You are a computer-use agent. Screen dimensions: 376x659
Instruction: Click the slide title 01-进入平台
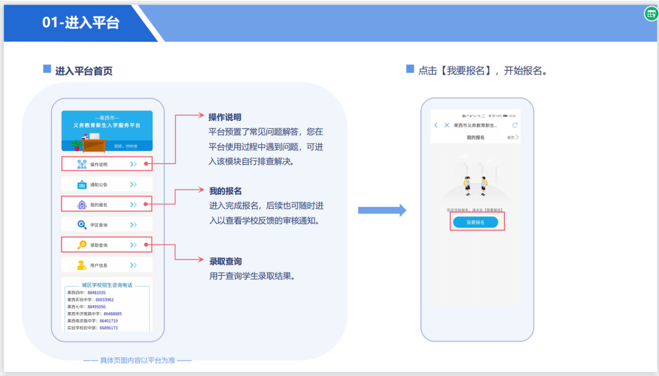click(x=81, y=23)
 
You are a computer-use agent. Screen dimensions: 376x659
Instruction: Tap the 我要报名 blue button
click(x=475, y=222)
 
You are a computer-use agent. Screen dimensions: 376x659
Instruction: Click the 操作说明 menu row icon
click(x=82, y=164)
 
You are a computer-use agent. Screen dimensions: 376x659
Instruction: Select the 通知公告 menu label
click(x=99, y=185)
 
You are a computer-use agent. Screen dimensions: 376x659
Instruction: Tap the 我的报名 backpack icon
click(x=82, y=205)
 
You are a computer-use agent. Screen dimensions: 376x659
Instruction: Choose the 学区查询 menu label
click(x=99, y=225)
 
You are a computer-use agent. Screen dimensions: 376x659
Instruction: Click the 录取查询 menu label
click(x=99, y=245)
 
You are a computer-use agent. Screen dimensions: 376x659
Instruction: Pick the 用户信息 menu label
click(x=99, y=265)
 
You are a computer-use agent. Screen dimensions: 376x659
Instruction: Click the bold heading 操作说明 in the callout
click(x=225, y=117)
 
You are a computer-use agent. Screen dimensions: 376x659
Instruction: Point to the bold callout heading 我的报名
click(x=226, y=191)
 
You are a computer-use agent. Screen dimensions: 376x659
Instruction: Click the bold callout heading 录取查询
click(x=226, y=261)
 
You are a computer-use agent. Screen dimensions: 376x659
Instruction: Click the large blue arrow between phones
click(x=381, y=210)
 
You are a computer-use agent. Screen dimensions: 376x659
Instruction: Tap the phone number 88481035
click(x=96, y=293)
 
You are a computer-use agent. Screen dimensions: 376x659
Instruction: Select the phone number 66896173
click(x=109, y=328)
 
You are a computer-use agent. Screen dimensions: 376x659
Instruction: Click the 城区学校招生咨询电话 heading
click(x=107, y=285)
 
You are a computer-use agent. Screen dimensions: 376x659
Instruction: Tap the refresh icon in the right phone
click(x=515, y=125)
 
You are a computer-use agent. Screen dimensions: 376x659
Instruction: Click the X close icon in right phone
click(x=446, y=125)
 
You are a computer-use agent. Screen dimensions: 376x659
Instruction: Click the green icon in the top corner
click(x=651, y=14)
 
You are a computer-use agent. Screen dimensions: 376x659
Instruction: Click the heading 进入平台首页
click(x=84, y=71)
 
